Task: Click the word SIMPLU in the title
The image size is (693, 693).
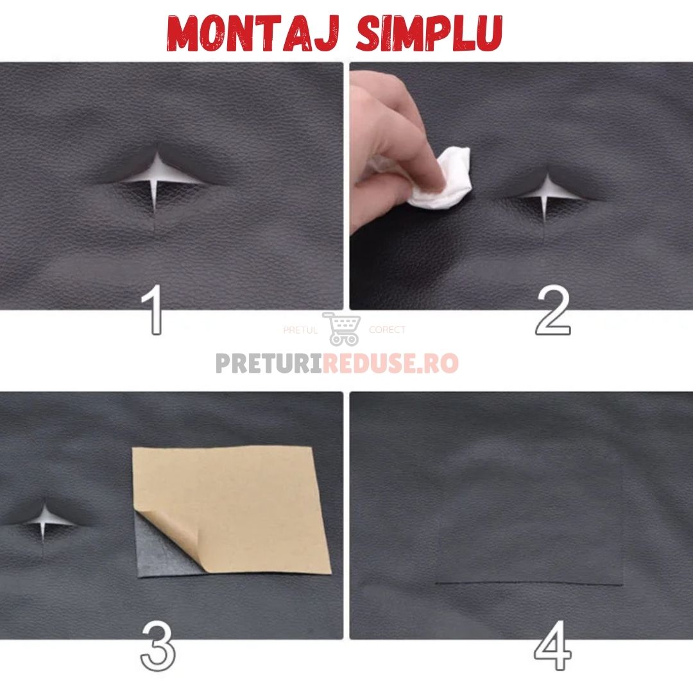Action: tap(429, 33)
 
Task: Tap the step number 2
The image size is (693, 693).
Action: tap(552, 312)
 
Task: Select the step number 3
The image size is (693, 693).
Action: tap(158, 646)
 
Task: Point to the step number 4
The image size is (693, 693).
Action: tap(552, 645)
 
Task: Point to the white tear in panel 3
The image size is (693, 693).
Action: tap(44, 522)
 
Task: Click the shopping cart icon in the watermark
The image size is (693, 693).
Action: tap(341, 329)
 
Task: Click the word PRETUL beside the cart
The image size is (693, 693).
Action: tap(300, 330)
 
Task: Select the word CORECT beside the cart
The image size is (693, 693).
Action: tap(387, 330)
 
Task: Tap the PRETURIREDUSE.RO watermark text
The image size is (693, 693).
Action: tap(337, 363)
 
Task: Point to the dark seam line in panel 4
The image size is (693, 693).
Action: tap(529, 584)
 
